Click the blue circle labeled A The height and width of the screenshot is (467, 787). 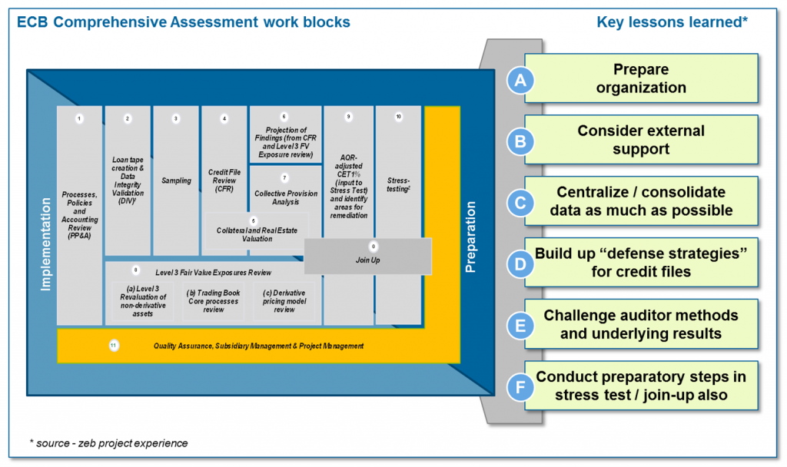520,79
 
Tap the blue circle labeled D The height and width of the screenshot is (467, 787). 520,263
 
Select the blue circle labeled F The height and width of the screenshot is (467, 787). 520,386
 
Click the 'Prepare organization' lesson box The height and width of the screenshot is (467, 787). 642,78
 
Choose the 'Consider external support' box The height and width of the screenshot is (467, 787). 642,140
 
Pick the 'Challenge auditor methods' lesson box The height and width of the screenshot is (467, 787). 642,324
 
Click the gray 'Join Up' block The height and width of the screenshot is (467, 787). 367,260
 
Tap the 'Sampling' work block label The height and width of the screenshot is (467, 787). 176,181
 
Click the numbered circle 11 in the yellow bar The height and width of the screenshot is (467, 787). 114,346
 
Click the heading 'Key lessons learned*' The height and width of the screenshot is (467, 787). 672,22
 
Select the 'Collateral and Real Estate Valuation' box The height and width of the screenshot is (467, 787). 257,233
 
